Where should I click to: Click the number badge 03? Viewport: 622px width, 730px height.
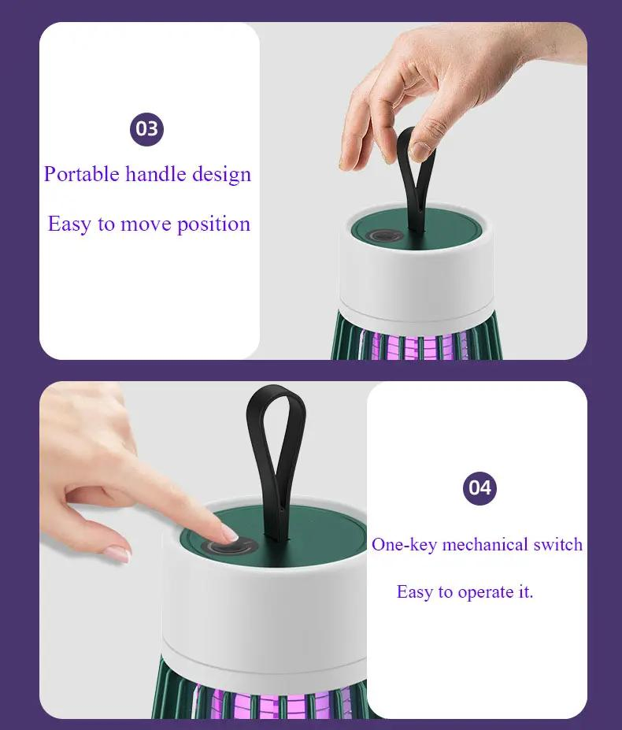coord(146,128)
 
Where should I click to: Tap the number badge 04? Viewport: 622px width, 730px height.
coord(479,487)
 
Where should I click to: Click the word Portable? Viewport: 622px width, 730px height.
coord(81,174)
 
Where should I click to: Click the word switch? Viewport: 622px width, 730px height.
coord(558,544)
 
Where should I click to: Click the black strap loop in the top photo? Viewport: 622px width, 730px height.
coord(414,175)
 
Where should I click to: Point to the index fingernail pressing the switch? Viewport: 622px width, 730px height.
coord(229,535)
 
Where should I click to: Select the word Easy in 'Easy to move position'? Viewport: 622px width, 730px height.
coord(69,224)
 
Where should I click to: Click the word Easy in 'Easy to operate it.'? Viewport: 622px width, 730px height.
coord(415,592)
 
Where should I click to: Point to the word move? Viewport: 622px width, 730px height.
coord(145,224)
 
